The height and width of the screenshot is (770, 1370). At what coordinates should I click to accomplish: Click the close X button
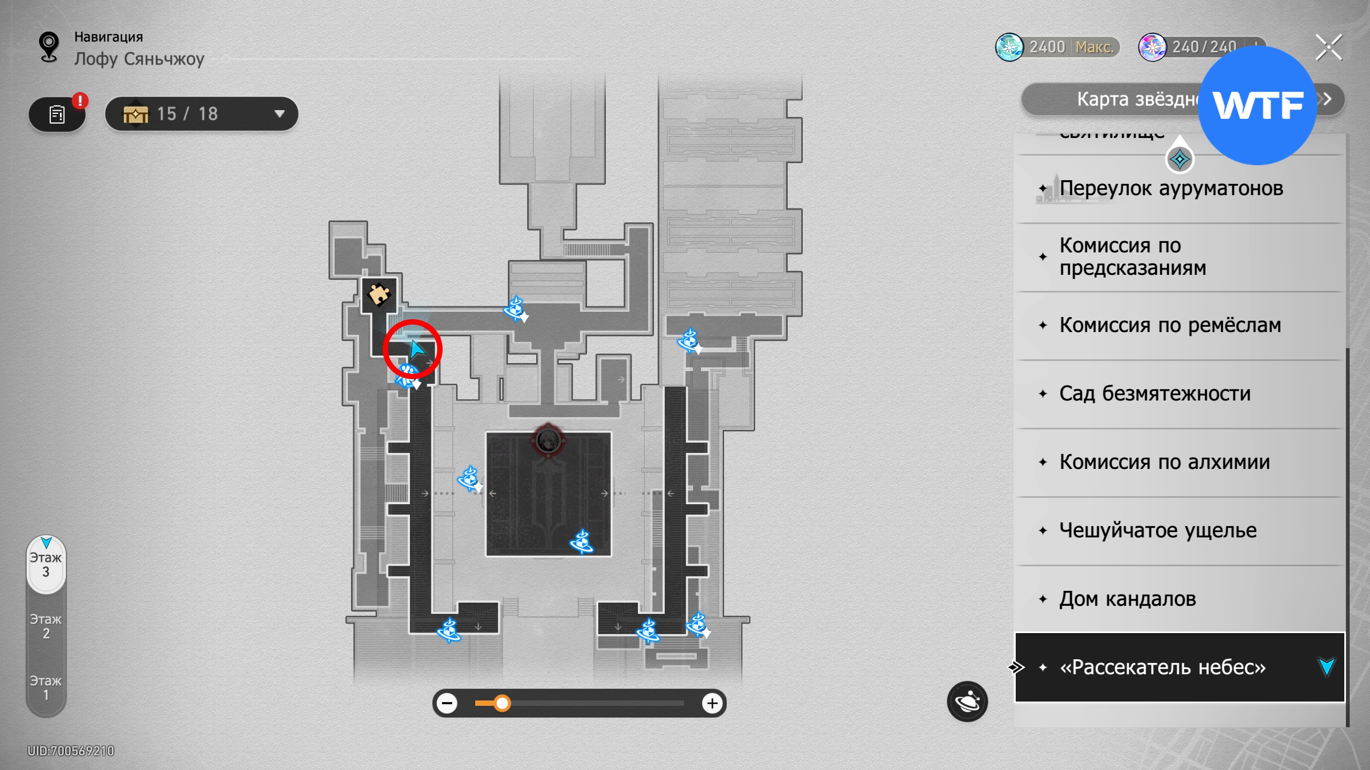[x=1328, y=48]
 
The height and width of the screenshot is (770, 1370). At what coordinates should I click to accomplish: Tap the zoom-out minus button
[x=447, y=703]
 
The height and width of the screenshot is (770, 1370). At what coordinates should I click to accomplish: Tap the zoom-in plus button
[x=712, y=703]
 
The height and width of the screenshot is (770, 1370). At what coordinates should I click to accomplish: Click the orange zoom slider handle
[x=501, y=703]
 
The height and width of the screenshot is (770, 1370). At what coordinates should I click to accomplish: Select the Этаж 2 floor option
[x=46, y=626]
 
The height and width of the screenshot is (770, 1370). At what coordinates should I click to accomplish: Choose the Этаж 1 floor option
[x=46, y=688]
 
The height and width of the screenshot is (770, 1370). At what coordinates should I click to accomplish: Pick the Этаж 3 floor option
[x=46, y=565]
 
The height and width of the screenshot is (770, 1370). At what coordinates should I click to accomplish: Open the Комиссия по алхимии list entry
[x=1164, y=462]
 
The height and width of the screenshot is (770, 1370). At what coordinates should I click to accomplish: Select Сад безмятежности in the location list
[x=1155, y=394]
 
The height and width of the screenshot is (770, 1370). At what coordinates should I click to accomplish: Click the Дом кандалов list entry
[x=1127, y=599]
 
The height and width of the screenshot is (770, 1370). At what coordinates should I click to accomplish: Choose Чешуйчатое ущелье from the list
[x=1158, y=530]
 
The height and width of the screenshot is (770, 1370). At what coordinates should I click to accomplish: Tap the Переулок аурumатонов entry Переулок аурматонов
[x=1171, y=188]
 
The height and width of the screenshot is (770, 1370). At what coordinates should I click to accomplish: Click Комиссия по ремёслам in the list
[x=1170, y=325]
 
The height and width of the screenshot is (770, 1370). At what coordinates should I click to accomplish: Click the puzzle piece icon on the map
[x=379, y=294]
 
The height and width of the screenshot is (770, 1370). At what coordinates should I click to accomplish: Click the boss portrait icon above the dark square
[x=547, y=441]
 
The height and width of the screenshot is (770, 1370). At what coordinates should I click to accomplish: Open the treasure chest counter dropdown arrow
[x=279, y=113]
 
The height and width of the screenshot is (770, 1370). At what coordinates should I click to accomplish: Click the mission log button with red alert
[x=57, y=114]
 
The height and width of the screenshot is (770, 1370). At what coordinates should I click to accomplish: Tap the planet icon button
[x=967, y=702]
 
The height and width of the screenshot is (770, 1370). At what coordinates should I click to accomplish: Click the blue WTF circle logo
[x=1257, y=105]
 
